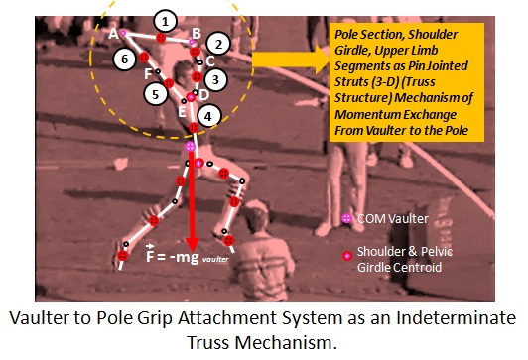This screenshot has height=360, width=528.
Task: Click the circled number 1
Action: pos(166,19)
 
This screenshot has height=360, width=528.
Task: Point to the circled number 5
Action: pos(154,94)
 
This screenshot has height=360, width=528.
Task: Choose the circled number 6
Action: pos(123,60)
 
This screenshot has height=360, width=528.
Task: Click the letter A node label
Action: pos(113,33)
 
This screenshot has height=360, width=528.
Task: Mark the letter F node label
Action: pos(148,73)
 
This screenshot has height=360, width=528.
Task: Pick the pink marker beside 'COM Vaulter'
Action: pos(346,217)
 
